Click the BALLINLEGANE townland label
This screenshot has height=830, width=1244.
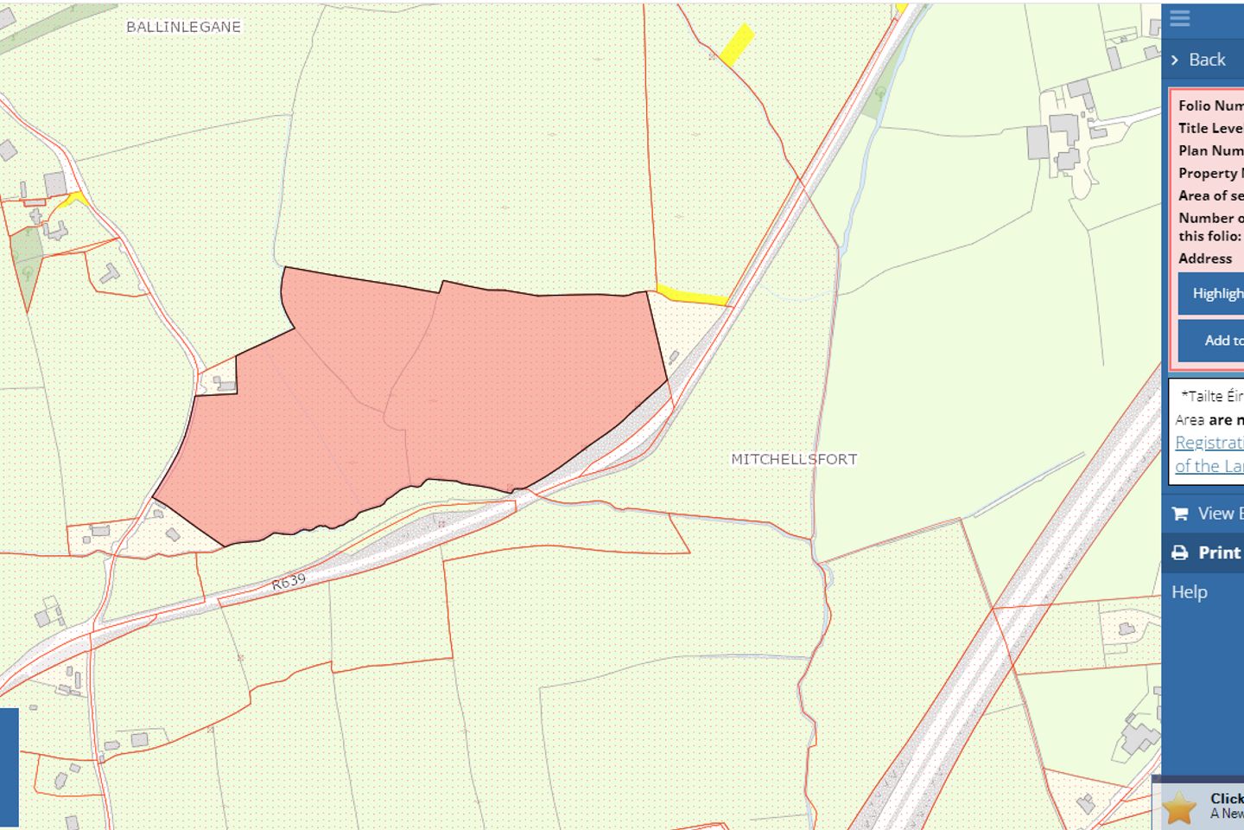(183, 27)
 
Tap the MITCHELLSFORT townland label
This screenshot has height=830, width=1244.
(794, 459)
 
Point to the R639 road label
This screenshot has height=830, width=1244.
(289, 582)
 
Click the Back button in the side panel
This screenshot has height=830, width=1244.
(1206, 60)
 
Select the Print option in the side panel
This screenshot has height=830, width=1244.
(1218, 552)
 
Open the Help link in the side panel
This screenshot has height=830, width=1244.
(1189, 592)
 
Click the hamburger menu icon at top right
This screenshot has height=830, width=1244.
(1180, 18)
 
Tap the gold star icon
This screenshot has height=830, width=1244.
(1178, 808)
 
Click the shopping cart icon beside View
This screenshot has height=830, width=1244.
(1180, 514)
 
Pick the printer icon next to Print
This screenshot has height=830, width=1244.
(1180, 553)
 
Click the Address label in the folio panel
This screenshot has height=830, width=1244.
(1205, 259)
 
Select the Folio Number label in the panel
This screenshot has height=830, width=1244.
(1210, 105)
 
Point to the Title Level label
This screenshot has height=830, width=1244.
(1210, 128)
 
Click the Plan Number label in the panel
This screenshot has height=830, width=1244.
(1210, 150)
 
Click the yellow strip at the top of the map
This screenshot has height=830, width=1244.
(737, 45)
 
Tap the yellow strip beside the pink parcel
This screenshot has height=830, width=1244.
(691, 296)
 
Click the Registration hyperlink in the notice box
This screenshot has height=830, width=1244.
(1209, 443)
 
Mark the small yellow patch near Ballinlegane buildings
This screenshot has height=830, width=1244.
(74, 199)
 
